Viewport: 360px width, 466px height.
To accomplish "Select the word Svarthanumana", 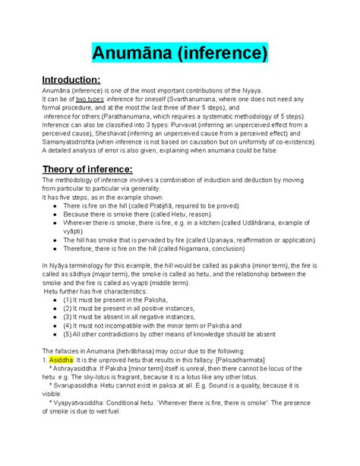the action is (x=191, y=108).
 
